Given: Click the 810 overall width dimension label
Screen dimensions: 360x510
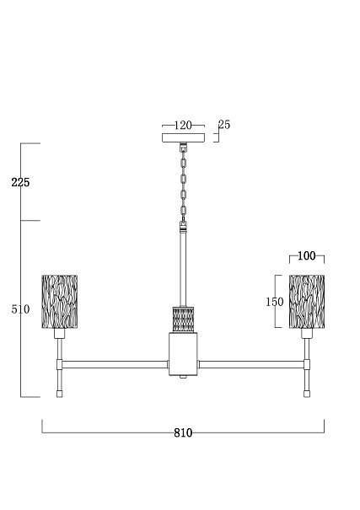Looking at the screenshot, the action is (183, 433).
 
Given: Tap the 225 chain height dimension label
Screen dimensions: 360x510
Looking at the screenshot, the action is (20, 182).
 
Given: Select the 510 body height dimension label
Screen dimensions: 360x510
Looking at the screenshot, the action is (20, 309).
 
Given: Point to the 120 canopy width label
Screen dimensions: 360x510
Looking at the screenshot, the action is (183, 126).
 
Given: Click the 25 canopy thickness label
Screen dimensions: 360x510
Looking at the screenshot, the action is (224, 125).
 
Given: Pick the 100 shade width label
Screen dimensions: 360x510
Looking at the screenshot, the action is (307, 256).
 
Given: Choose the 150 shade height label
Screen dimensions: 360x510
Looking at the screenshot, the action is (275, 302).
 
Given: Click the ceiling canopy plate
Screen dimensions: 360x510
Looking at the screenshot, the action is (184, 137).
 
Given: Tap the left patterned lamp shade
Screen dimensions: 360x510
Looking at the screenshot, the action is (60, 302).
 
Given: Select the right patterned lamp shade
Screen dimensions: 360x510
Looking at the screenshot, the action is (307, 302).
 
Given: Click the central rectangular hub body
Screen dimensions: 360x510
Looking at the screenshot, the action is (183, 354).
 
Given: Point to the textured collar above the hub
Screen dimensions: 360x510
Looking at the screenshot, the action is (183, 319).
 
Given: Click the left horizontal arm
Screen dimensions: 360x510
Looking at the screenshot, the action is (115, 364).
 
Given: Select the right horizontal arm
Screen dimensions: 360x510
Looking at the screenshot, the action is (251, 364).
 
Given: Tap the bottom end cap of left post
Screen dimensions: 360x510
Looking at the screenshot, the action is (60, 394).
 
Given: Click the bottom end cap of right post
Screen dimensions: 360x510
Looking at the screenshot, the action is (307, 394).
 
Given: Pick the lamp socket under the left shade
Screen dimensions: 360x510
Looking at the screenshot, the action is (60, 333).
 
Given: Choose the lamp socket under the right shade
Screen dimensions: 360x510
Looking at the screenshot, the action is (307, 333).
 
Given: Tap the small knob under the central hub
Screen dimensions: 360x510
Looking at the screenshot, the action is (183, 377).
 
